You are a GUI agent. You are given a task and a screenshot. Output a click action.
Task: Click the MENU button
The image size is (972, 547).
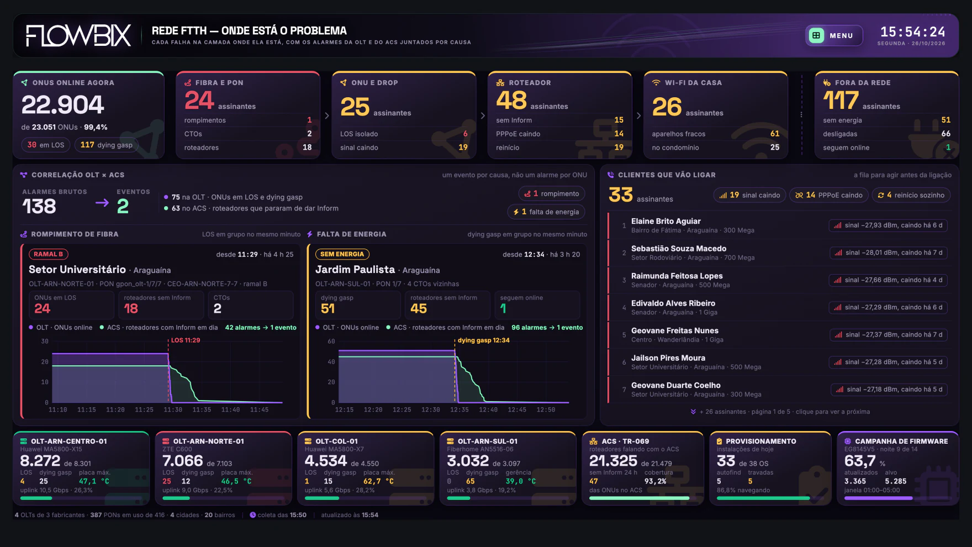point(834,35)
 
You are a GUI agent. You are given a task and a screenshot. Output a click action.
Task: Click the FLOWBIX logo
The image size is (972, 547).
point(78,36)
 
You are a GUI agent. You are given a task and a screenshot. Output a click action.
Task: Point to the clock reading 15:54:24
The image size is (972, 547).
point(912,32)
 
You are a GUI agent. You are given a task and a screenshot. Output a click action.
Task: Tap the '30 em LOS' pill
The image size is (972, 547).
point(46,145)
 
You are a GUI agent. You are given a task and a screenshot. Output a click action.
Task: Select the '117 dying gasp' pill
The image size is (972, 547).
point(107,145)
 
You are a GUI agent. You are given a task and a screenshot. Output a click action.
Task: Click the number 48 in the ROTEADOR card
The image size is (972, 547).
point(511,100)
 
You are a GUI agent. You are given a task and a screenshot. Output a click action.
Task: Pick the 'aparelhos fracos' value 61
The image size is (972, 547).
point(775,134)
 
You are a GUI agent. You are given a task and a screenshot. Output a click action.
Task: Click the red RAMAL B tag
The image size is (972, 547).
point(48,254)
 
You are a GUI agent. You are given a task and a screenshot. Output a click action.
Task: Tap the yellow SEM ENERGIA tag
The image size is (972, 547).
point(342,254)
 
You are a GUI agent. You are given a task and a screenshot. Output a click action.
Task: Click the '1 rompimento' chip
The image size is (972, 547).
point(552,194)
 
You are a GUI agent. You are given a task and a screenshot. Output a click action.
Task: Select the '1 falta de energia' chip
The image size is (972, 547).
point(546,212)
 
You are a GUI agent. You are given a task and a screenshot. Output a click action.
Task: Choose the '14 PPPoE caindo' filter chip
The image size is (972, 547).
point(828,195)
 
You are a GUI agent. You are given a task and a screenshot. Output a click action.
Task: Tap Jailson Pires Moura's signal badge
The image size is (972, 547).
point(888,362)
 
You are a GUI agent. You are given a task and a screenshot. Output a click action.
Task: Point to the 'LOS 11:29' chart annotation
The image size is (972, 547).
point(186,340)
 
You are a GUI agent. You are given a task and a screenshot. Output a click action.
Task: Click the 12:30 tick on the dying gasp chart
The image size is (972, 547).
point(431,410)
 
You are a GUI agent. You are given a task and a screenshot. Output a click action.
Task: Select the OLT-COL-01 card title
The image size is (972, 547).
point(336,441)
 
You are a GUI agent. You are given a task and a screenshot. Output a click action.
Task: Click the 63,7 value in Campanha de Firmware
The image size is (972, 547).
point(860,461)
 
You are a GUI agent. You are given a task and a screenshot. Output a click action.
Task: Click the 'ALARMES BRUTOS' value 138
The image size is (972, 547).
point(39,206)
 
